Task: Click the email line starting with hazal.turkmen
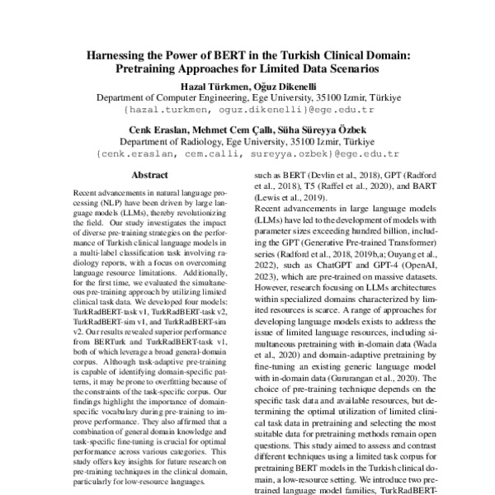point(248,109)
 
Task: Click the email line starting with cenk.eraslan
point(248,153)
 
